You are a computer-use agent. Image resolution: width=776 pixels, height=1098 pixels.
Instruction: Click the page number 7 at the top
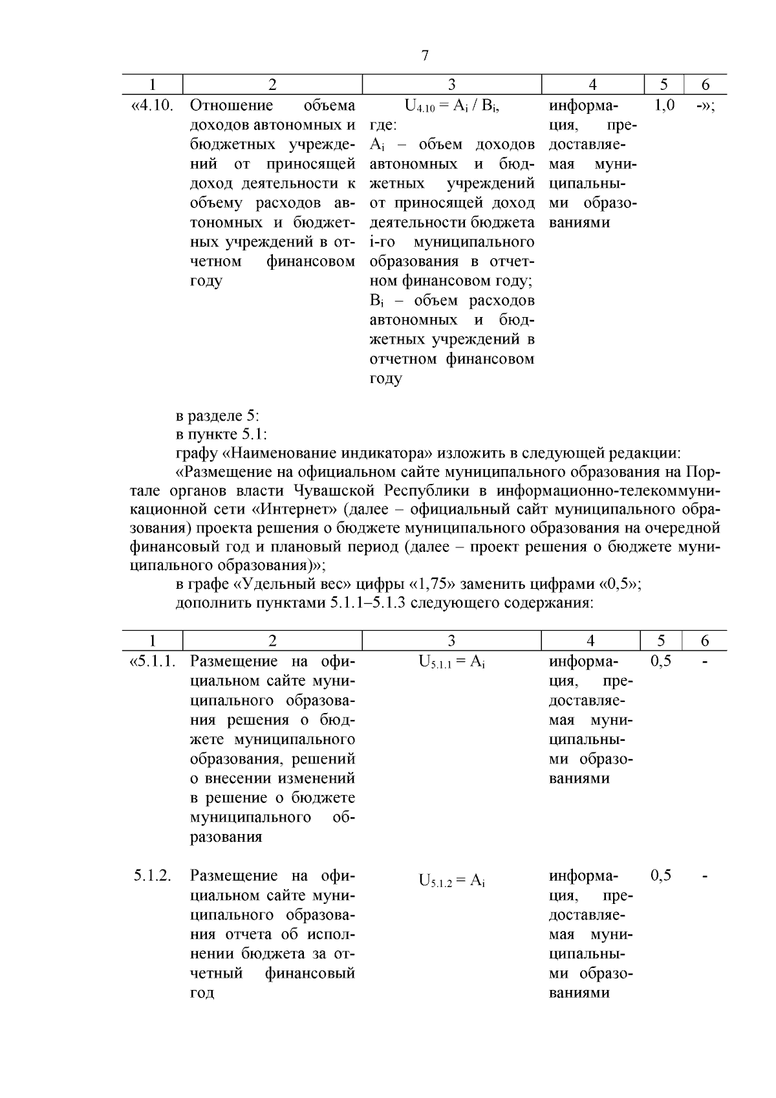(425, 56)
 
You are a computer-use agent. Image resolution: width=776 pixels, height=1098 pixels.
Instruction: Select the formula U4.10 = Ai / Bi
(451, 105)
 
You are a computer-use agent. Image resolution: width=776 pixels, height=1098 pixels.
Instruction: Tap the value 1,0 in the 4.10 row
(665, 105)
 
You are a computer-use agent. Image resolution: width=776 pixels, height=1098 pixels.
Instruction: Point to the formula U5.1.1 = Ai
(451, 661)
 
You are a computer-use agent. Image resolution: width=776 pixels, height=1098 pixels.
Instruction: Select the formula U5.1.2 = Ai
(451, 880)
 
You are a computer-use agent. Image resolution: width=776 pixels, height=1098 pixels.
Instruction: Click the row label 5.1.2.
(153, 875)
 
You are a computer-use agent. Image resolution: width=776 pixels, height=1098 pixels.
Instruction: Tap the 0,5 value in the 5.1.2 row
(661, 875)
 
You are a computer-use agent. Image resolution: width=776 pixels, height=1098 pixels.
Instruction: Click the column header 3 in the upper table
(451, 84)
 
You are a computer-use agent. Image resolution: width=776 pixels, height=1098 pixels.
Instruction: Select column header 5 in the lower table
(661, 641)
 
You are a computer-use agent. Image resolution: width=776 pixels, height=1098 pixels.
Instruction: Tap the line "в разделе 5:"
(217, 415)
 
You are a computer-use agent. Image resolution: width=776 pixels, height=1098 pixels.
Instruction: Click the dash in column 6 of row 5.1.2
(705, 875)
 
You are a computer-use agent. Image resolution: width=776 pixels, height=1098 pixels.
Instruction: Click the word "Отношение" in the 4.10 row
(232, 105)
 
